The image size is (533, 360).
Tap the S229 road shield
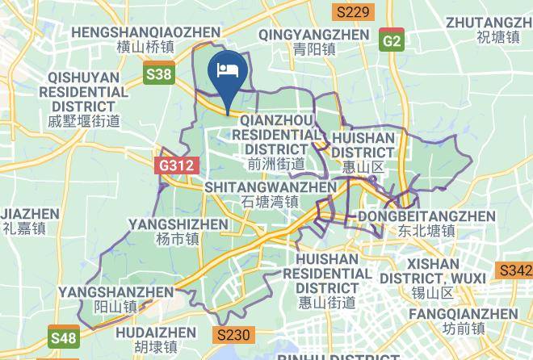[x=353, y=11]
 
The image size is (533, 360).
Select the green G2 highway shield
[x=392, y=40]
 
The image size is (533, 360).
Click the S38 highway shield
[x=159, y=75]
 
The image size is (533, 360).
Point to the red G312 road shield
[x=175, y=165]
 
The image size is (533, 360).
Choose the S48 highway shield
[x=64, y=336]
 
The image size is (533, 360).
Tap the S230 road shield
[x=234, y=334]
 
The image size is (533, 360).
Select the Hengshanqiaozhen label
[x=145, y=40]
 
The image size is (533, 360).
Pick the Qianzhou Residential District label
[x=276, y=142]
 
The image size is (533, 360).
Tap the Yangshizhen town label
[x=178, y=231]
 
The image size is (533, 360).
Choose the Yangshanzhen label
[x=115, y=299]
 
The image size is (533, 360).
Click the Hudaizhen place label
[x=156, y=340]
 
